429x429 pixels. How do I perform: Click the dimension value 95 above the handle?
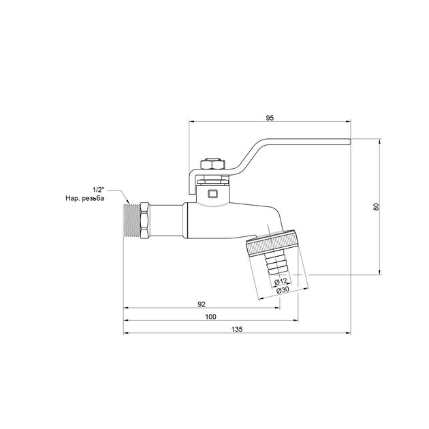click(x=270, y=118)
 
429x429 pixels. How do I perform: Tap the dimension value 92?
click(x=202, y=304)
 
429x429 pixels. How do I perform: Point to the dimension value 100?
click(x=210, y=317)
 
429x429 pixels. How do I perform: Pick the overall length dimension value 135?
click(x=237, y=329)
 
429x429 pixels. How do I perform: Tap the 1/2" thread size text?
click(x=100, y=189)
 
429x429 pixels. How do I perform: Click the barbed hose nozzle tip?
click(x=276, y=264)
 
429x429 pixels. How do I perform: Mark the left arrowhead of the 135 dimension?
click(x=126, y=334)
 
